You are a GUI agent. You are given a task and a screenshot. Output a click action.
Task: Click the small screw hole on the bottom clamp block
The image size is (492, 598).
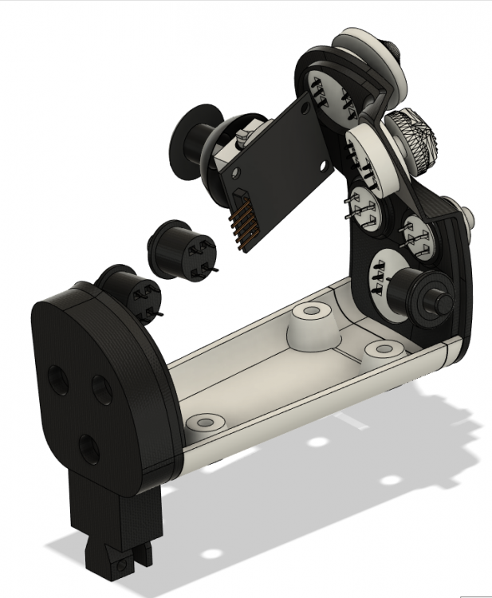point(121,565)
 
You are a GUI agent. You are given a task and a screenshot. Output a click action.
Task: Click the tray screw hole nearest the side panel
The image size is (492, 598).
point(385,349)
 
